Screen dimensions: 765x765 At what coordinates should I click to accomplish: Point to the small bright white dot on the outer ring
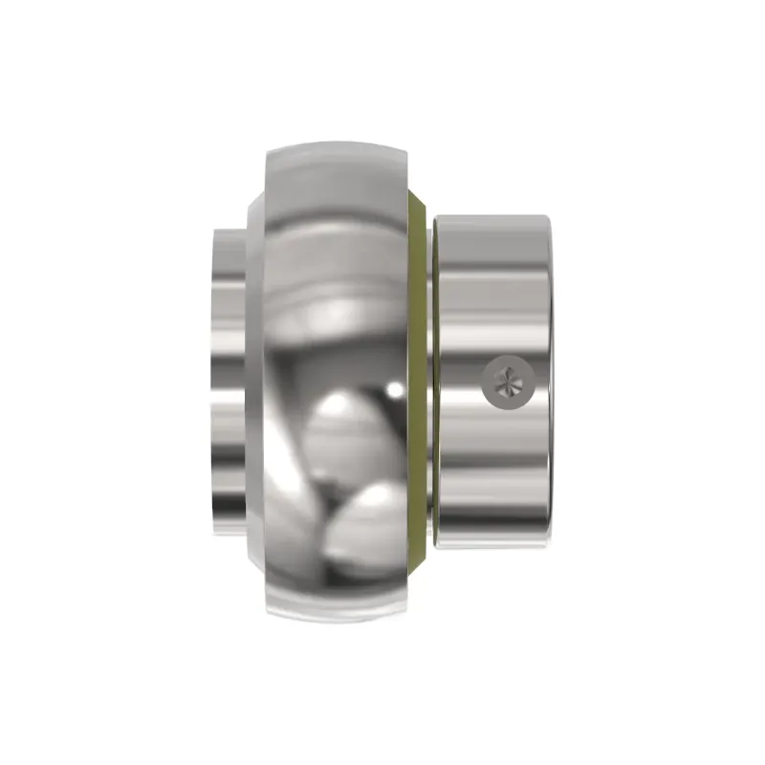pos(393,388)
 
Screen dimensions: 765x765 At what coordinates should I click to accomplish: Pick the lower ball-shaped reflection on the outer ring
pos(367,521)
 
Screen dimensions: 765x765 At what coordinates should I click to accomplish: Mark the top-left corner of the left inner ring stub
pos(214,230)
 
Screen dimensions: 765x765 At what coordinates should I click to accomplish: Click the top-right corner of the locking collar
pos(548,218)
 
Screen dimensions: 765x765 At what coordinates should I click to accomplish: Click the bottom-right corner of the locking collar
pos(548,547)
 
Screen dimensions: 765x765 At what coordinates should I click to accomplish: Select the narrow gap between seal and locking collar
pos(429,382)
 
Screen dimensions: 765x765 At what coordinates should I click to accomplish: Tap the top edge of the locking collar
pos(492,216)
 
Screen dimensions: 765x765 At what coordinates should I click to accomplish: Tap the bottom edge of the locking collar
pos(492,549)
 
